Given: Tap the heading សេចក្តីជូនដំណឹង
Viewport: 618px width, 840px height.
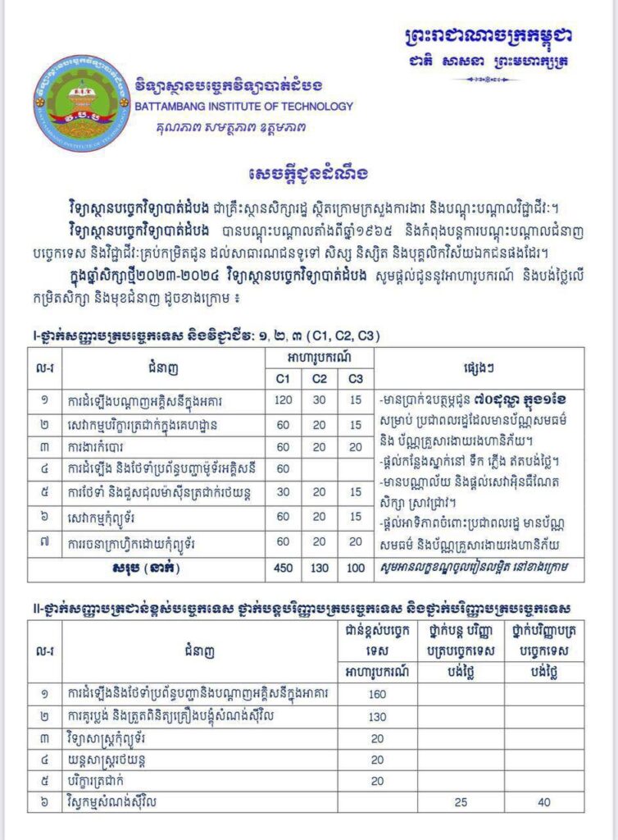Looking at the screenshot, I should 308,174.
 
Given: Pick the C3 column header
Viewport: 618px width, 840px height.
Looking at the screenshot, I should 355,380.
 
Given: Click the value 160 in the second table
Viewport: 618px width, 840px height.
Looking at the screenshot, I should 378,694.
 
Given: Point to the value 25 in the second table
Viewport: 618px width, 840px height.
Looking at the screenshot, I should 461,801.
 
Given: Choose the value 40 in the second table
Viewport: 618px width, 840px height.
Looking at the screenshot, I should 543,801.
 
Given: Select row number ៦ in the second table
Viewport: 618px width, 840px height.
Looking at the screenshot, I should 44,801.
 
